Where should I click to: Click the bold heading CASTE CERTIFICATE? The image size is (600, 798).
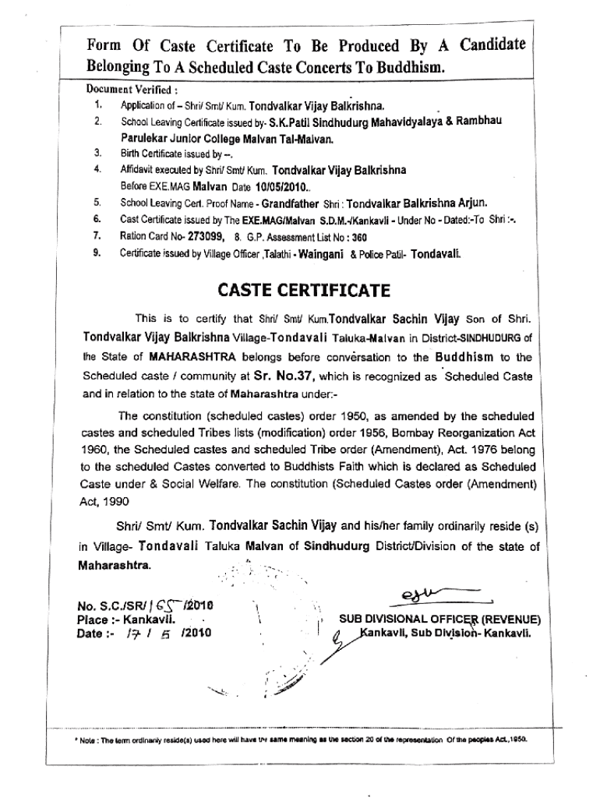[x=300, y=290]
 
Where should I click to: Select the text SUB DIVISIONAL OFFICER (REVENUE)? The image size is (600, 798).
[x=439, y=620]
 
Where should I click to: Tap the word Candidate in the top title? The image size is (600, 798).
[x=481, y=44]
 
